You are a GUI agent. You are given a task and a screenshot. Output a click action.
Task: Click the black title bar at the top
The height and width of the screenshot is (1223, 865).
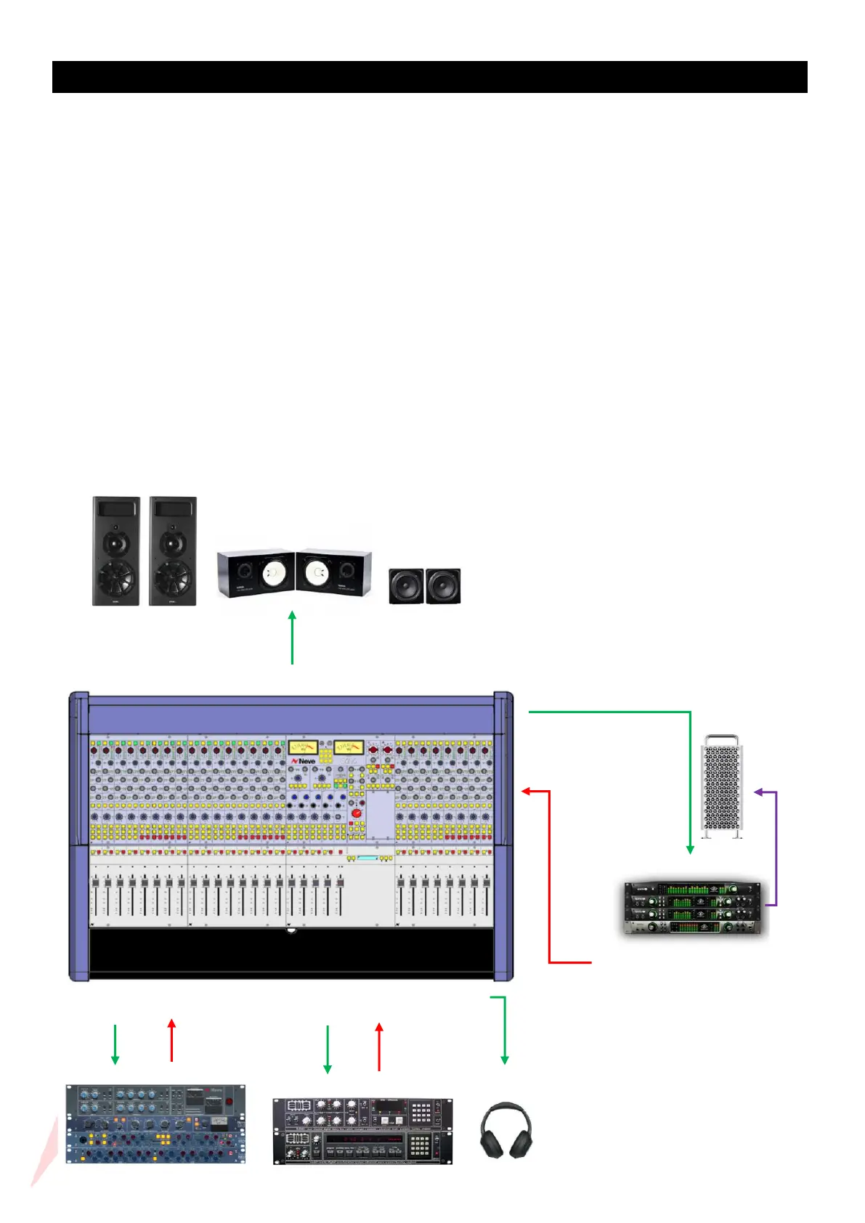(429, 77)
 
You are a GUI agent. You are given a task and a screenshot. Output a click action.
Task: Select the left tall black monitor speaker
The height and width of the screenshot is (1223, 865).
(115, 550)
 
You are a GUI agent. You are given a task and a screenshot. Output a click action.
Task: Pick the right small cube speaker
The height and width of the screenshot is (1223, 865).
(443, 585)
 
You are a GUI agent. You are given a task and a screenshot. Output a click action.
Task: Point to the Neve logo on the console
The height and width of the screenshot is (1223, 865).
(304, 760)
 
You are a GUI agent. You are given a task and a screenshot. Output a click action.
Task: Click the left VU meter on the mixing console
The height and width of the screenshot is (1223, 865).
(303, 747)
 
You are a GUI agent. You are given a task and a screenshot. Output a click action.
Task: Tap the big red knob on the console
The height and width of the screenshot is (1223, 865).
(357, 813)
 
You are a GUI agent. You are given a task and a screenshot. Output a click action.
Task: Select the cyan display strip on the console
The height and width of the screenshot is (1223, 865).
(367, 858)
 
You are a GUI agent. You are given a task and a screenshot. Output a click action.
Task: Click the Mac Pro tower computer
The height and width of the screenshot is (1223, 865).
(722, 786)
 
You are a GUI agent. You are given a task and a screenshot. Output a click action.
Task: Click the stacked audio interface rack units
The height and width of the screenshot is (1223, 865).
(693, 907)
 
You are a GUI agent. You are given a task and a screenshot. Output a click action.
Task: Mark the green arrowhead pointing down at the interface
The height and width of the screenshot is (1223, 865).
(689, 848)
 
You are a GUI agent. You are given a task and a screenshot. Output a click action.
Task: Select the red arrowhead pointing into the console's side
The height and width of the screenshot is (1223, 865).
(527, 791)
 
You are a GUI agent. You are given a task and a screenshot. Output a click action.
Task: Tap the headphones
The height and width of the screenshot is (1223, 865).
(505, 1131)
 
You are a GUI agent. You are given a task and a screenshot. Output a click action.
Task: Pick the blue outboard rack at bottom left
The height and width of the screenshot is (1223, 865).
(155, 1124)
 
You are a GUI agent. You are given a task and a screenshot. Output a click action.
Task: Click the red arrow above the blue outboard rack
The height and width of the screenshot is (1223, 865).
(171, 1040)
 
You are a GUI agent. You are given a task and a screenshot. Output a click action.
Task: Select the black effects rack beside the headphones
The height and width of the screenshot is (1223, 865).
(362, 1131)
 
